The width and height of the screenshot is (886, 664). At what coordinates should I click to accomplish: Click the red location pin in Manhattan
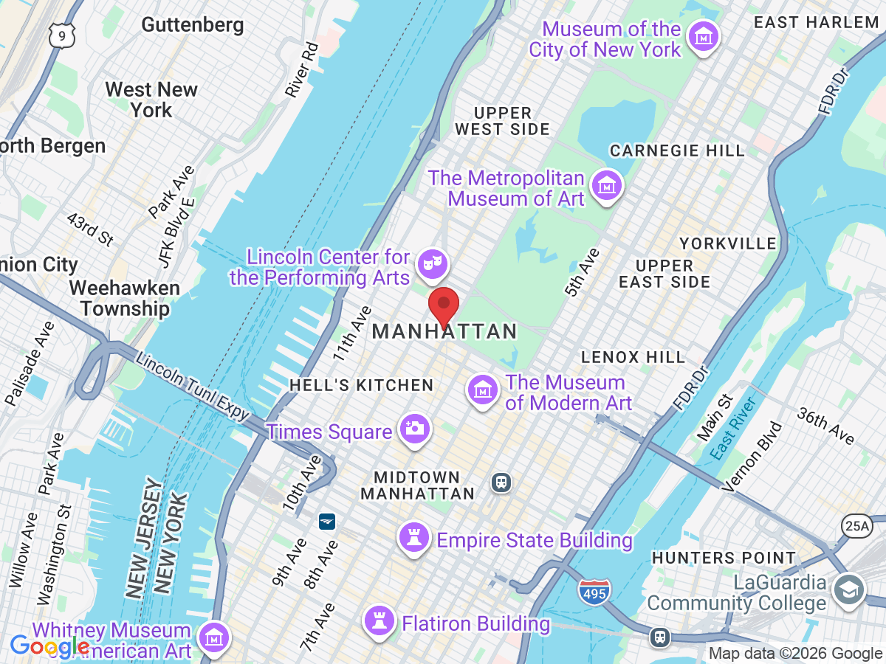coord(444,306)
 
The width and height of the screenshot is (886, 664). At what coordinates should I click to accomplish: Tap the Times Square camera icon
coord(413,429)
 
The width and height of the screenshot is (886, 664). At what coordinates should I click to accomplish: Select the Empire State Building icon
coord(413,539)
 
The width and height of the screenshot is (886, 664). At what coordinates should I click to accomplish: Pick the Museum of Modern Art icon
coord(483,390)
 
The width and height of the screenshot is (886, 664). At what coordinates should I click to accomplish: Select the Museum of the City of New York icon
coord(703,36)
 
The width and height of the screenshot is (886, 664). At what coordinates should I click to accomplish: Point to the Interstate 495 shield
coord(594,589)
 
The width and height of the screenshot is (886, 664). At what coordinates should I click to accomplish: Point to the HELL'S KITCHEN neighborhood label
coord(361,385)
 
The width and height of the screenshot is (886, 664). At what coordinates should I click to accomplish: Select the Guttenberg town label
coord(192,25)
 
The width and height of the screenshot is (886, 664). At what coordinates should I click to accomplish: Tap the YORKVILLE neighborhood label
coord(727,243)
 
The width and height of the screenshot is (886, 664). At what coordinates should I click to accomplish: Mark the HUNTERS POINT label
coord(723,558)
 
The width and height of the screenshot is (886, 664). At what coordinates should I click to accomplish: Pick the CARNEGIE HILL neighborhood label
coord(677,151)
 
